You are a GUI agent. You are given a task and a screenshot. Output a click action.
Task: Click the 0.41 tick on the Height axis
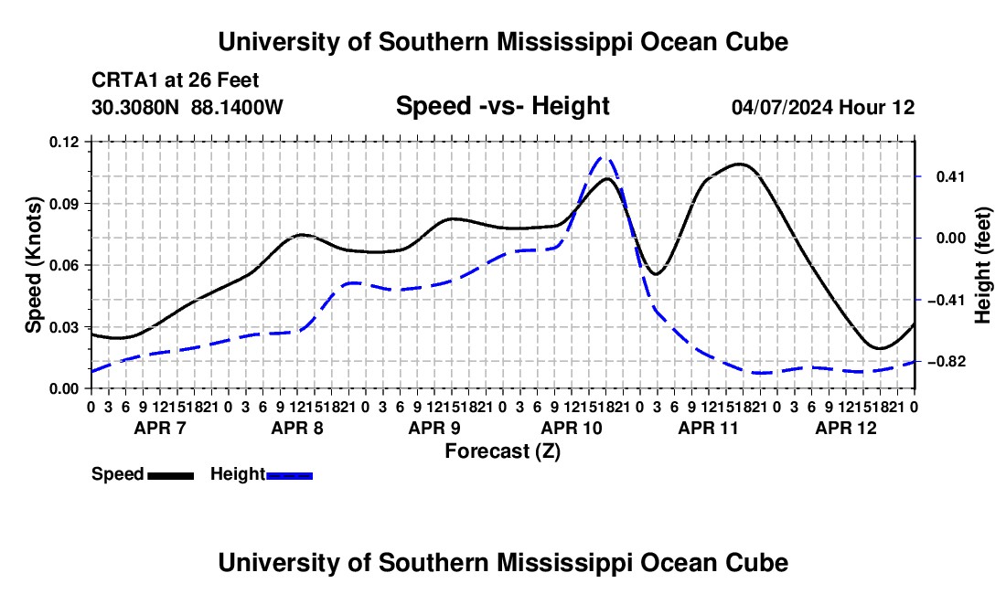point(951,176)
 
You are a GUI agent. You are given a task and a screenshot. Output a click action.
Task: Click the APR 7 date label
point(160,428)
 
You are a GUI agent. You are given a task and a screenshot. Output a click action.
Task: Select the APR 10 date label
point(572,428)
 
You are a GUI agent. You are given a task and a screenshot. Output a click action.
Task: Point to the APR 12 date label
point(846,428)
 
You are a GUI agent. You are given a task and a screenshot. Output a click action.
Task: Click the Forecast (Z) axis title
point(503,451)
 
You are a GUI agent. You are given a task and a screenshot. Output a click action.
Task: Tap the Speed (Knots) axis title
point(33,265)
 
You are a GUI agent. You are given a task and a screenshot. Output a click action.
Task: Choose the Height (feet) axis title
point(983,265)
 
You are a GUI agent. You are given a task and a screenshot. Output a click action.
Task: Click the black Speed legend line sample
point(171,476)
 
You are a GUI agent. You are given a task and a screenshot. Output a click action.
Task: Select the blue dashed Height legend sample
point(289,476)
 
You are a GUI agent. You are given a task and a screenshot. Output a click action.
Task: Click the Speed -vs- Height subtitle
point(502,106)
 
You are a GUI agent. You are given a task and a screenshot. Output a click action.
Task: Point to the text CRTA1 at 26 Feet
point(176,80)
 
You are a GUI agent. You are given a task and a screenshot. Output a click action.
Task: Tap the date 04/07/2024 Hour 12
point(823,107)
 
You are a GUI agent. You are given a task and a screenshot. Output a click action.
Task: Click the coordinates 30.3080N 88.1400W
point(187,107)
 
